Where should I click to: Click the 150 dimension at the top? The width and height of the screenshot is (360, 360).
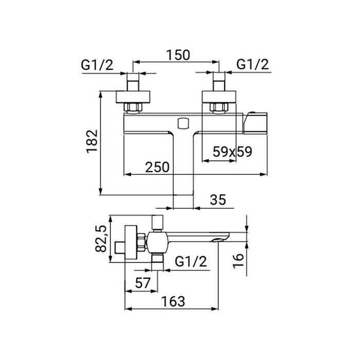coord(178,56)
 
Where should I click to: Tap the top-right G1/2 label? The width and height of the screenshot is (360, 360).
coord(253,64)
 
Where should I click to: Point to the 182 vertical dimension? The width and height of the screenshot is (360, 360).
coord(92,141)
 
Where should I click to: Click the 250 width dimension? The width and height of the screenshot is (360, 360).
coord(157,167)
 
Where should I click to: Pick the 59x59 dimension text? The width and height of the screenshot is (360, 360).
coord(232,152)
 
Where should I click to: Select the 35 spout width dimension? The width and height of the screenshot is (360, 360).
coord(218,200)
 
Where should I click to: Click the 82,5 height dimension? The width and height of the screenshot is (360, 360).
coord(101,239)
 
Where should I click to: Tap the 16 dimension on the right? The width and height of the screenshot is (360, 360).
coord(238,261)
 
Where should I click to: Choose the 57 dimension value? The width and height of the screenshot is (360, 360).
coord(142,283)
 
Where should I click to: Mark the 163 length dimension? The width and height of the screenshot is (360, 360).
coord(173,301)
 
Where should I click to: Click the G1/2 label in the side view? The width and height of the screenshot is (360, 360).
coord(191,261)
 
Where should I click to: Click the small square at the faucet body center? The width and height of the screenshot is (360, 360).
coord(183,123)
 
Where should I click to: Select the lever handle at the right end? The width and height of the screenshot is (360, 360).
coord(255,123)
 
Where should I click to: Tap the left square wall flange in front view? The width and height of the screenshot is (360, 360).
coord(133,97)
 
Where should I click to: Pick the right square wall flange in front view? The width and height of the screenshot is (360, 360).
coord(219,97)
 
